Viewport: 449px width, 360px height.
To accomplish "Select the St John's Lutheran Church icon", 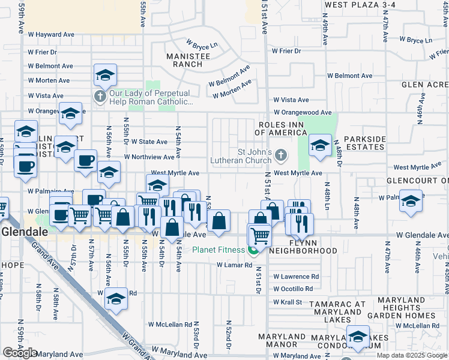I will click(280, 156).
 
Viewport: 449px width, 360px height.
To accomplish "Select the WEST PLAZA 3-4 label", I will click(360, 5).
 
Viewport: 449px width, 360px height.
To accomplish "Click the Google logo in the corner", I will click(20, 353).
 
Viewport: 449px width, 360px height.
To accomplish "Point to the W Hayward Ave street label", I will click(51, 35).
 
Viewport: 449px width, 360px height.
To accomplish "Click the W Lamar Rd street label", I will click(234, 265).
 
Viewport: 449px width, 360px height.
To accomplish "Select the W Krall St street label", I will click(287, 302).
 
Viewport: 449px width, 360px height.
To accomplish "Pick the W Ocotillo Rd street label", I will click(293, 289).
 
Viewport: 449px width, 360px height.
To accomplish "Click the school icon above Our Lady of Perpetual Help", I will click(105, 76).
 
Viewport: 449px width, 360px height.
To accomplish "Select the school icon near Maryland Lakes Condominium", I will click(358, 337).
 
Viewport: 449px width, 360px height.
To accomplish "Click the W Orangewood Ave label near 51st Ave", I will click(303, 112).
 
